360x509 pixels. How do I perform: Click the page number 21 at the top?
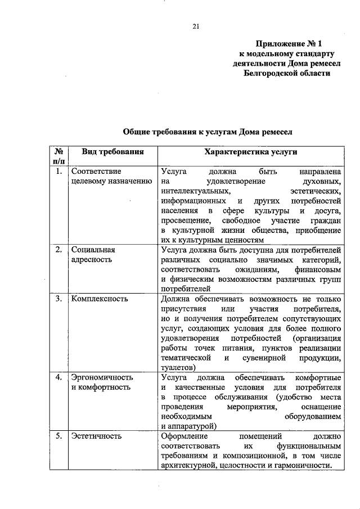196,26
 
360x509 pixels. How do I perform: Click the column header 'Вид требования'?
112,152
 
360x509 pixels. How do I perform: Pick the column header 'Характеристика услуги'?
251,152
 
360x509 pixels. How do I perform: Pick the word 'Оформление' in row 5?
184,436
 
